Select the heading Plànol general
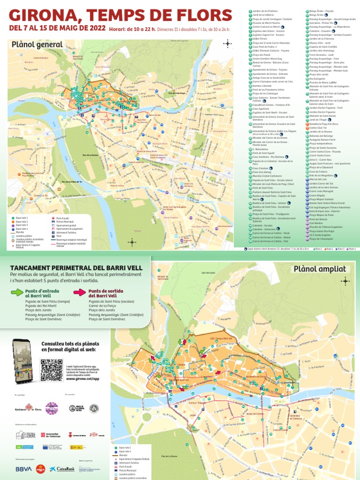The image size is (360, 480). click(x=39, y=45)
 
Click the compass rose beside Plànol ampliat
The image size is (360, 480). click(x=346, y=281)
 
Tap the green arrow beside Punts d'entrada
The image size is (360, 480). click(x=17, y=293)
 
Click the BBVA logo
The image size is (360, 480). click(x=23, y=468)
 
